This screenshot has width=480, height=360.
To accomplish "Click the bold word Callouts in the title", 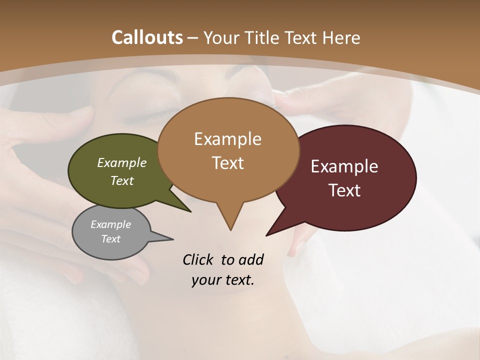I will (147, 37).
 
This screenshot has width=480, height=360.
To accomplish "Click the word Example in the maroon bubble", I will (344, 166).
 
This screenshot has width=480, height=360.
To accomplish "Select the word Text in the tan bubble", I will (228, 163).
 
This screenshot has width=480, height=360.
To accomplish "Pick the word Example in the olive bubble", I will (122, 162).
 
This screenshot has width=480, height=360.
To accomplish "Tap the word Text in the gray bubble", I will (111, 239).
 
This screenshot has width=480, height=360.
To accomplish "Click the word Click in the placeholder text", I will (198, 259).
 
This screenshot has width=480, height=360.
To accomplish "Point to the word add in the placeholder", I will (250, 259).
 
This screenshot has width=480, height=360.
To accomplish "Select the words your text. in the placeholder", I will (223, 280).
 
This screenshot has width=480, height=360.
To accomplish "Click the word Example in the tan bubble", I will (228, 139).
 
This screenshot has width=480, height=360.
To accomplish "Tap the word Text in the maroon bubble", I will (344, 190).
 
